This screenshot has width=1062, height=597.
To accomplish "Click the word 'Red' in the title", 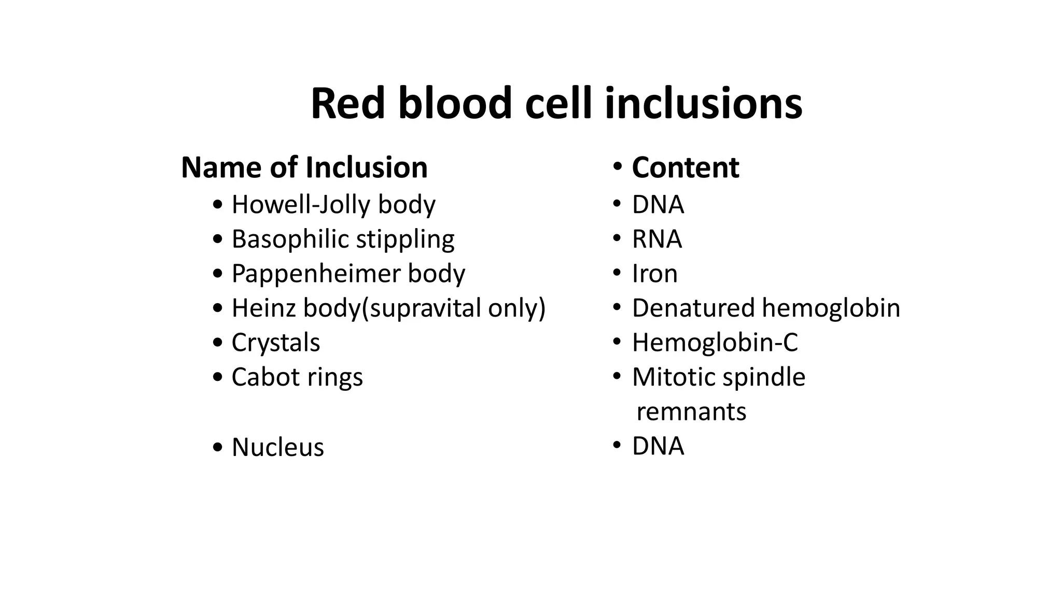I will (x=347, y=104).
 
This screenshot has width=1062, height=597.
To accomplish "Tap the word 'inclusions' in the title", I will (x=703, y=104).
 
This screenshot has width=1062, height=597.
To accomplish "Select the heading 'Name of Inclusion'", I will (x=304, y=167).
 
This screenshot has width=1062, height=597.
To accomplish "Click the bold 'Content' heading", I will (x=685, y=167).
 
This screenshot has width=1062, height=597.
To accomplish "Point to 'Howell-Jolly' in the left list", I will (x=301, y=205).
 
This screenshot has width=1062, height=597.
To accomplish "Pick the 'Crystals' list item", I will (x=275, y=343).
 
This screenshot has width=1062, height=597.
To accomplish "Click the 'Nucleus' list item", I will (x=277, y=447).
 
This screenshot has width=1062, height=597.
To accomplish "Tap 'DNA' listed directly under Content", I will (x=658, y=205).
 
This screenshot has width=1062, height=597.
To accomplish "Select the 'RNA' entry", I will (x=656, y=239).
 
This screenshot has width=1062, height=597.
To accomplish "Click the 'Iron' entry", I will (x=654, y=274).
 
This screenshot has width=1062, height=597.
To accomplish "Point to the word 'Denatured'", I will (x=692, y=308).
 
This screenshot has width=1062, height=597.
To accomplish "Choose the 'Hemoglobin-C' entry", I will (x=715, y=343).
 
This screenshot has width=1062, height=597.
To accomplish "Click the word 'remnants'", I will (x=691, y=412).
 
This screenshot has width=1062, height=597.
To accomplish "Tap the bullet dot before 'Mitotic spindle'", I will (x=617, y=376).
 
